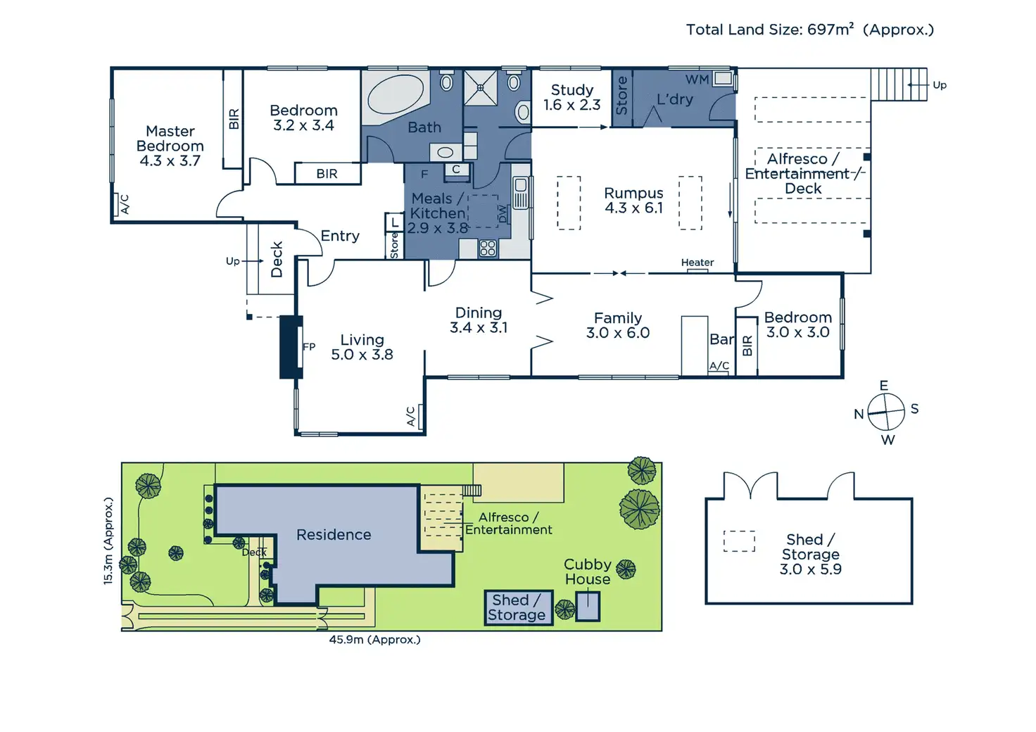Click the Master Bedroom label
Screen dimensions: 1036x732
[170, 146]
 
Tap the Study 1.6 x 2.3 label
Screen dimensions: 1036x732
[571, 97]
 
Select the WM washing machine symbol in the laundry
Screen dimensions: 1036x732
[722, 78]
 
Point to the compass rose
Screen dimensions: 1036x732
[885, 412]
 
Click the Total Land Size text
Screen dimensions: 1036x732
[809, 30]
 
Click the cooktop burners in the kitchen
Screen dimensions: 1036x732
[488, 248]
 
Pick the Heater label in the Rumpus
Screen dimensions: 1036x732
[697, 263]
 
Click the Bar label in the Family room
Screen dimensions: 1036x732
[721, 339]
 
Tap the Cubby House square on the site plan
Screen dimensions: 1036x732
[588, 606]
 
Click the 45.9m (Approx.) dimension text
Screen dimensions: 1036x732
[374, 640]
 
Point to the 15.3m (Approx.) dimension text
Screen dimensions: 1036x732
[108, 541]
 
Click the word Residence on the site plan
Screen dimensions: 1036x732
[334, 535]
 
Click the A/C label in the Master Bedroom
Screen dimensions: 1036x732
[125, 204]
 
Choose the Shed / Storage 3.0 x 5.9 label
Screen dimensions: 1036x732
[810, 554]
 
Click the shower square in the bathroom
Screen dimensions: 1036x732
[481, 88]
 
